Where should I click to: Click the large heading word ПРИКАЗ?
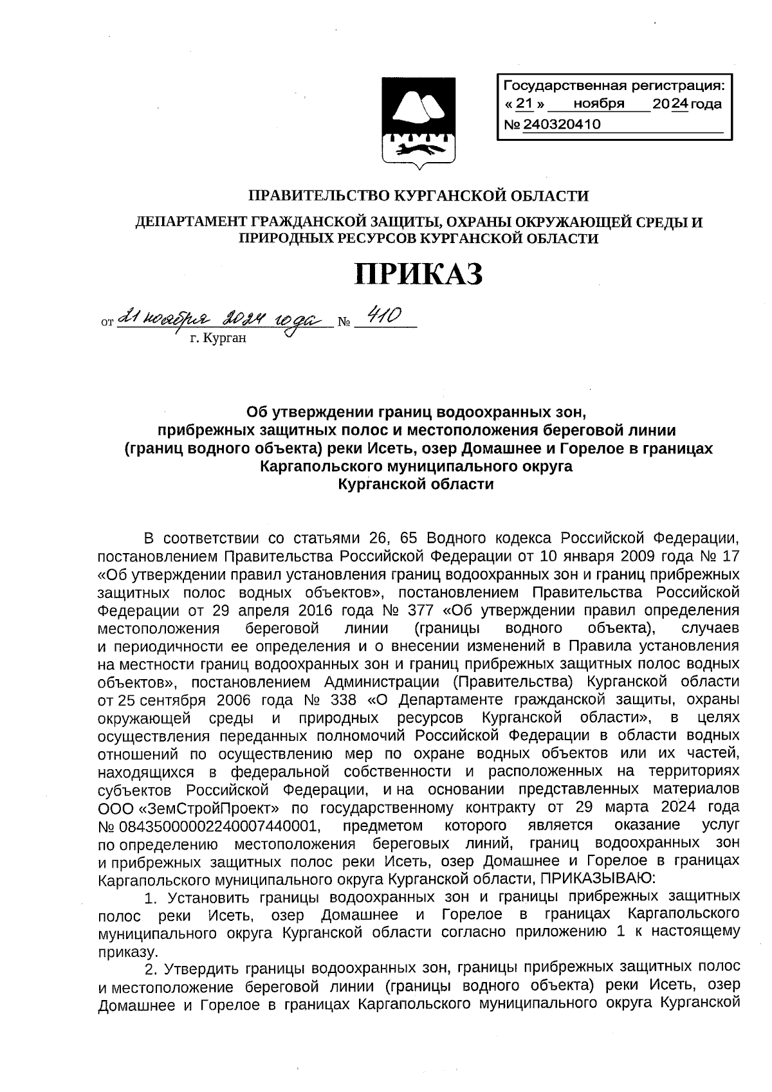(419, 275)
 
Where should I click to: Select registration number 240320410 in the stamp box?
(562, 124)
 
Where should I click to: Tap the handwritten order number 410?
(384, 316)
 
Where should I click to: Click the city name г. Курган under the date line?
(217, 339)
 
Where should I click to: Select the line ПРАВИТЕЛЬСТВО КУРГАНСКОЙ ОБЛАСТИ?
(418, 196)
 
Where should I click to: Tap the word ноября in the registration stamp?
(598, 104)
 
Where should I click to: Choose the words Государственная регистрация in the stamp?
(611, 85)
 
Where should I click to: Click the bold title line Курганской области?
(416, 484)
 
